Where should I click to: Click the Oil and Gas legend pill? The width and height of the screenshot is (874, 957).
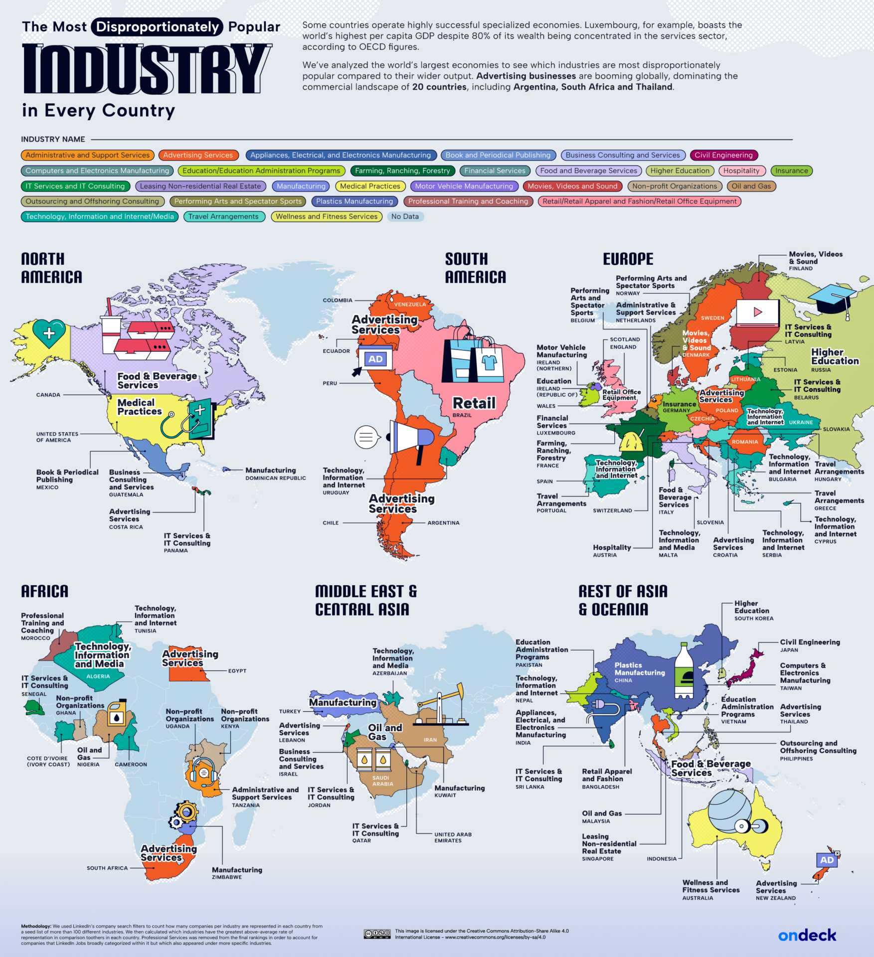click(751, 186)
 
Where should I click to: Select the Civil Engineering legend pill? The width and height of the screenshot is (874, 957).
click(723, 155)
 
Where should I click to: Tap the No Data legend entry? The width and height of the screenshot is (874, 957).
click(405, 216)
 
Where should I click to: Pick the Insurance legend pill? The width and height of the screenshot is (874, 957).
click(791, 170)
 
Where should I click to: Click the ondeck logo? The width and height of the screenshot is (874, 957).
click(807, 936)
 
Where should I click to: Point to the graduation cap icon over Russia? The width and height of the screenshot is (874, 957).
click(832, 298)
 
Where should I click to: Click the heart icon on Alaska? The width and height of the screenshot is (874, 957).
click(49, 332)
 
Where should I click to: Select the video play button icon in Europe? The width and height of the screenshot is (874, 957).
click(757, 313)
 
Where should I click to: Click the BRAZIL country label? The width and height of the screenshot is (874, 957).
click(462, 415)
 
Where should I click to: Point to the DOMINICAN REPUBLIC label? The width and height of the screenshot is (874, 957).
click(275, 478)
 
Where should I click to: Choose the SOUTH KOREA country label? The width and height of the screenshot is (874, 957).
click(753, 619)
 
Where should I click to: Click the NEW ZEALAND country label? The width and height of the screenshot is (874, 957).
click(775, 898)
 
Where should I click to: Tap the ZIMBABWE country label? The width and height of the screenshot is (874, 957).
click(227, 877)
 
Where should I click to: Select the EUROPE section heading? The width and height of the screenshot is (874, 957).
click(628, 259)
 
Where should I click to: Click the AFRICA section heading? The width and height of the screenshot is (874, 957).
click(44, 592)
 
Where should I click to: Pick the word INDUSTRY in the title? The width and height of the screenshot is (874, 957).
click(147, 69)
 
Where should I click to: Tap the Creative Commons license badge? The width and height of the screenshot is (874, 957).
click(377, 934)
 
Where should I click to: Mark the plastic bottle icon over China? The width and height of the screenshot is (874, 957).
click(684, 670)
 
